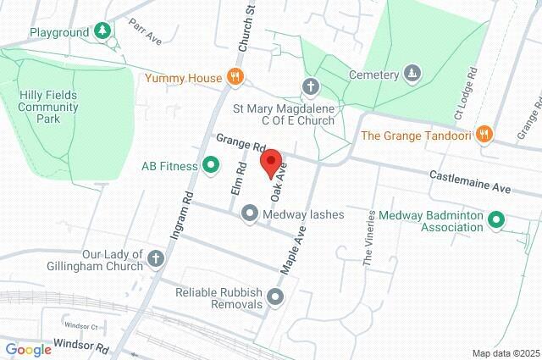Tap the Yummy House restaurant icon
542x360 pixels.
pyautogui.click(x=236, y=78)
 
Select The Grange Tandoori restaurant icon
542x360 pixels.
pyautogui.click(x=484, y=134)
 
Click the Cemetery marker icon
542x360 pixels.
pyautogui.click(x=412, y=75)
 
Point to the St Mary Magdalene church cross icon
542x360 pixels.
pyautogui.click(x=311, y=86)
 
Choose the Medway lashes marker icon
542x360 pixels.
pyautogui.click(x=250, y=214)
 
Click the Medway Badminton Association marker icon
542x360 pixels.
pyautogui.click(x=497, y=221)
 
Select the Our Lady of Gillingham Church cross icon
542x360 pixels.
pyautogui.click(x=155, y=258)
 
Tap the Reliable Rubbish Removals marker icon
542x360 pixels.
pyautogui.click(x=275, y=297)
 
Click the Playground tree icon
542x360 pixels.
pyautogui.click(x=102, y=32)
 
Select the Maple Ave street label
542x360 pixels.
pyautogui.click(x=292, y=246)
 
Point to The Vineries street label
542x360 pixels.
pyautogui.click(x=369, y=241)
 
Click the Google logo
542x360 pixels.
pyautogui.click(x=28, y=350)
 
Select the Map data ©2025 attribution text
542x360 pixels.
pyautogui.click(x=506, y=353)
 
